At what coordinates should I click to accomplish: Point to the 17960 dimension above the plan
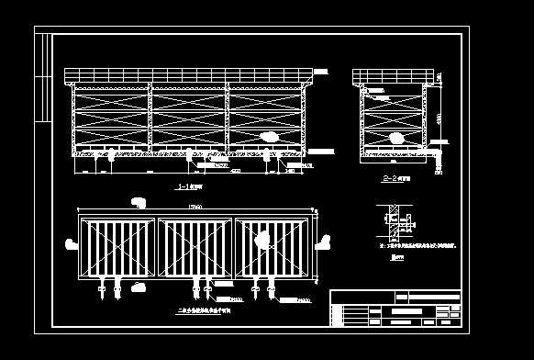click(195, 207)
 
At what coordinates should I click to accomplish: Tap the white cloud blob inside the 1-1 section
click(270, 137)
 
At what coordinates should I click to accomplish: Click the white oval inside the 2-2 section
click(395, 138)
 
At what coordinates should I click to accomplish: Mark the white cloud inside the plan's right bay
click(262, 241)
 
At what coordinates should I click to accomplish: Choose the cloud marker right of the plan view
click(321, 243)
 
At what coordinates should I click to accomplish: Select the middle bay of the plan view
click(195, 245)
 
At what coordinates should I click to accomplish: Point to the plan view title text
click(204, 310)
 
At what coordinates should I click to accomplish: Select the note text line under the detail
click(418, 247)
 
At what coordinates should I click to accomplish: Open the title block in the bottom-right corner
click(395, 308)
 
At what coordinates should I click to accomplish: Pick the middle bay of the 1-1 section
click(187, 118)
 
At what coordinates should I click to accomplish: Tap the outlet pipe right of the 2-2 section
click(437, 143)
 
